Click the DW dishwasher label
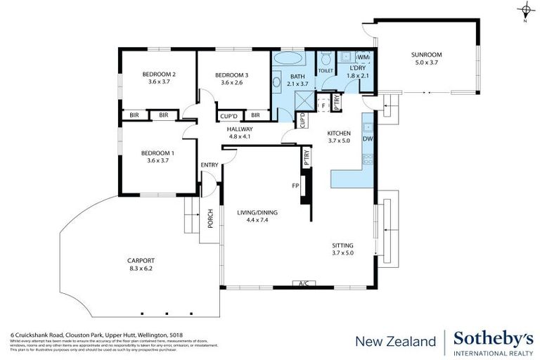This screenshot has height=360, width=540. [367, 139]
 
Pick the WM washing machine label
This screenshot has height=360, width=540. [364, 57]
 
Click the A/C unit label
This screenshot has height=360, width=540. [304, 284]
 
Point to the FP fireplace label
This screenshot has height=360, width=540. [296, 186]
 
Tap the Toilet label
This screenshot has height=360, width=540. [325, 71]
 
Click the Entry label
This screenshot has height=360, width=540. [210, 165]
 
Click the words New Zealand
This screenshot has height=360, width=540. [395, 342]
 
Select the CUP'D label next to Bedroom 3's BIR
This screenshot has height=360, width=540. [229, 116]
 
